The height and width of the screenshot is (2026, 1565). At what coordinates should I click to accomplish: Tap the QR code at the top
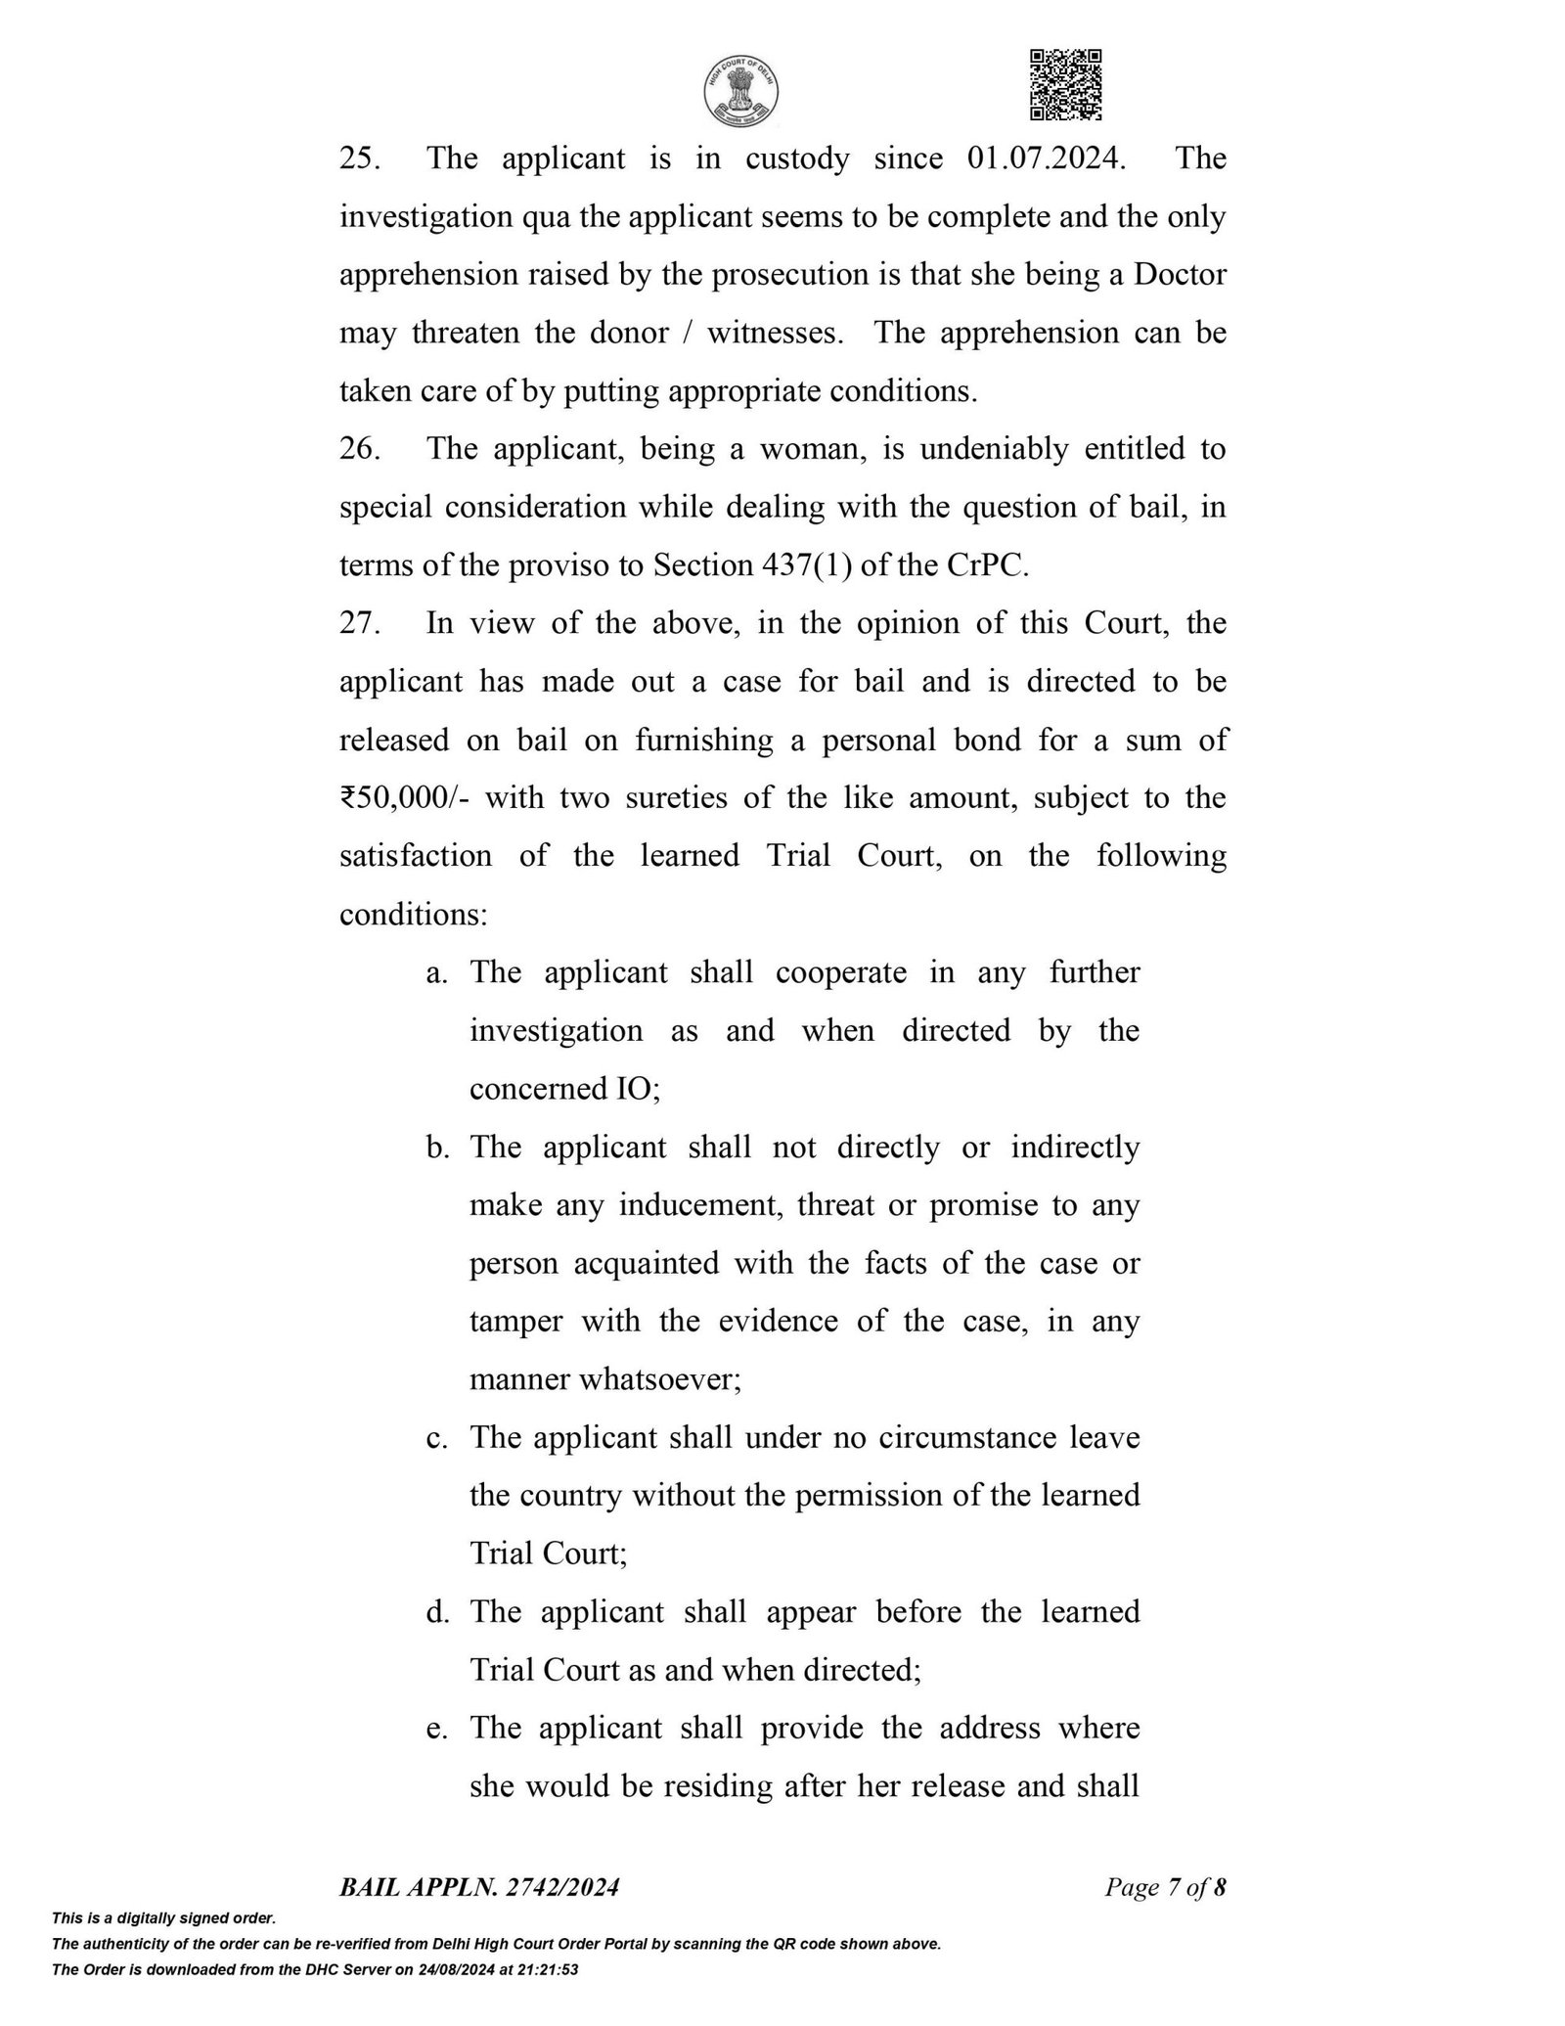1066,85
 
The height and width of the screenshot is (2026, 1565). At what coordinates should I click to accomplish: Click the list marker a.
436,972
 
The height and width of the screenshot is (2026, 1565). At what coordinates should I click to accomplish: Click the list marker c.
436,1438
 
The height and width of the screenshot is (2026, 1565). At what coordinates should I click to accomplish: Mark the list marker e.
436,1729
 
